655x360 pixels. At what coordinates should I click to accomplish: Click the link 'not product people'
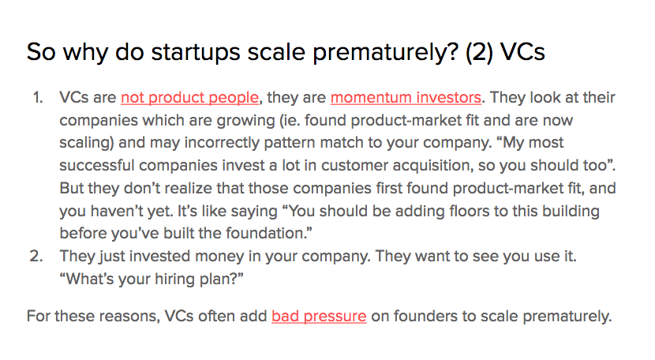click(189, 97)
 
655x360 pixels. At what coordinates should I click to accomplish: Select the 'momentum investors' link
click(406, 97)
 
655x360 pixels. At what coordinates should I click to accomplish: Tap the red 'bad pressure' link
click(319, 316)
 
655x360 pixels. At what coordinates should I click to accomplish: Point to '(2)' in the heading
click(479, 52)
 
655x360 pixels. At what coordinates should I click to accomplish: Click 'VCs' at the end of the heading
click(522, 52)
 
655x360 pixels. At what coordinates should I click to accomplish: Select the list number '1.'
click(38, 97)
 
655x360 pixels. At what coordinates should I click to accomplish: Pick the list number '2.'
click(36, 256)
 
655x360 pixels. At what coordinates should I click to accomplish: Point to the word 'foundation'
click(264, 234)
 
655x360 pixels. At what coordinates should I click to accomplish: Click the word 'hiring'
click(174, 279)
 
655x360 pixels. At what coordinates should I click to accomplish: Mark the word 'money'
click(219, 257)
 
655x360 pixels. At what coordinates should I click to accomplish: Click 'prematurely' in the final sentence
click(567, 316)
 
